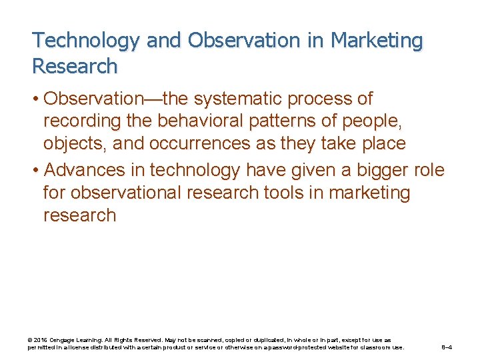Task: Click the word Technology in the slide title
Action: pos(86,41)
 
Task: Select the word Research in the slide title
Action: pos(75,67)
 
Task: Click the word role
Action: pos(428,170)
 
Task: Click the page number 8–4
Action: pos(447,347)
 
